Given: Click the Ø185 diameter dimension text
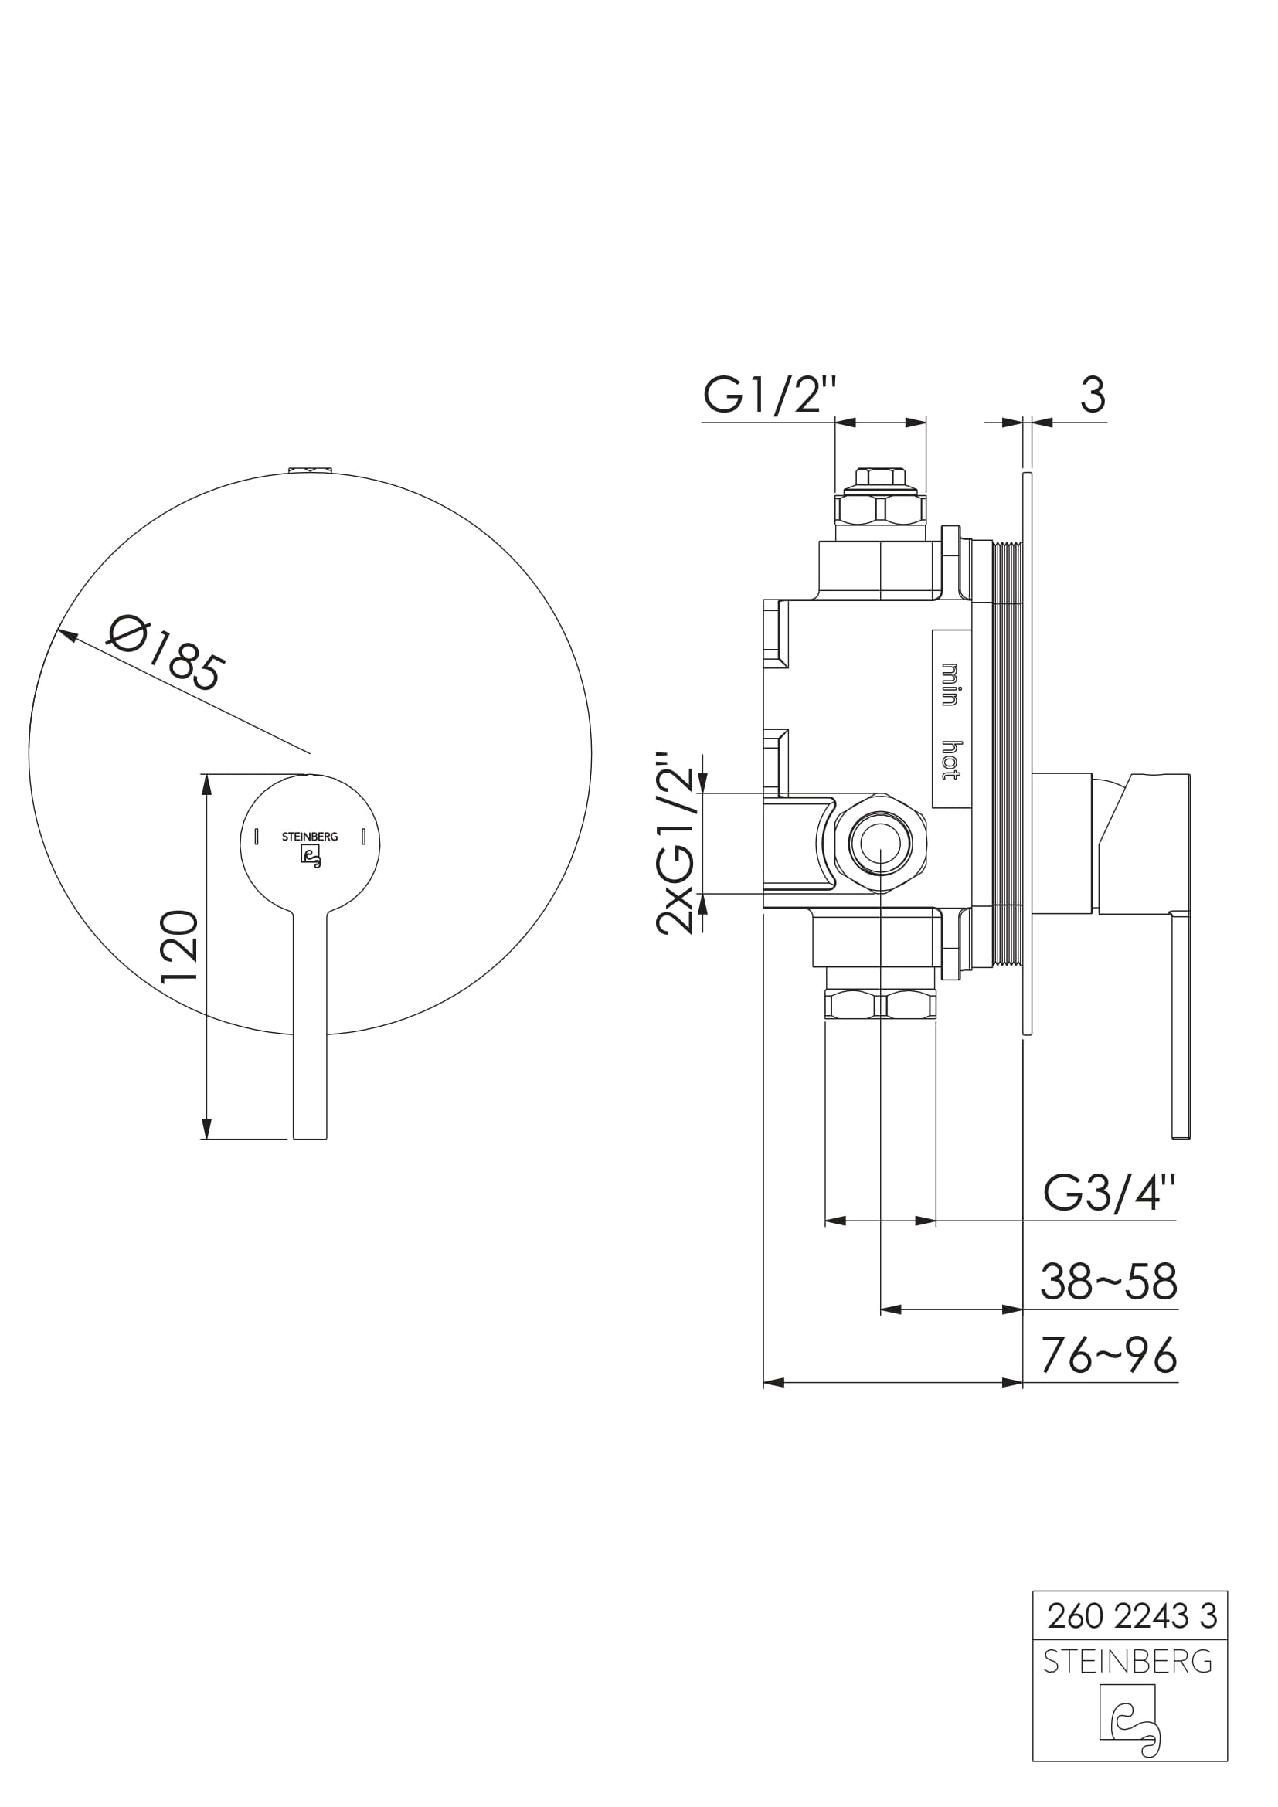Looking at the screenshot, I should (x=167, y=656).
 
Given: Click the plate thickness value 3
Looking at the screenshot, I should (x=1093, y=394).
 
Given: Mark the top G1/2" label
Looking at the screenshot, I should (x=768, y=394).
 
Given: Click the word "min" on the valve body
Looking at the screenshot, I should (x=950, y=684).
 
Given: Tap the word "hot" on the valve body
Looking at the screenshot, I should (x=950, y=760).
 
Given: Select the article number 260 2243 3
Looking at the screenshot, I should (x=1132, y=1616).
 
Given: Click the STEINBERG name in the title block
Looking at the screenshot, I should (x=1127, y=1662).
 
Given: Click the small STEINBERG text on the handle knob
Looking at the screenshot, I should (x=309, y=837).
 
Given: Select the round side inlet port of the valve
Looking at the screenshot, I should (x=881, y=843).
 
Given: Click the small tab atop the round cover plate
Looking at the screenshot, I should (x=310, y=470).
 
